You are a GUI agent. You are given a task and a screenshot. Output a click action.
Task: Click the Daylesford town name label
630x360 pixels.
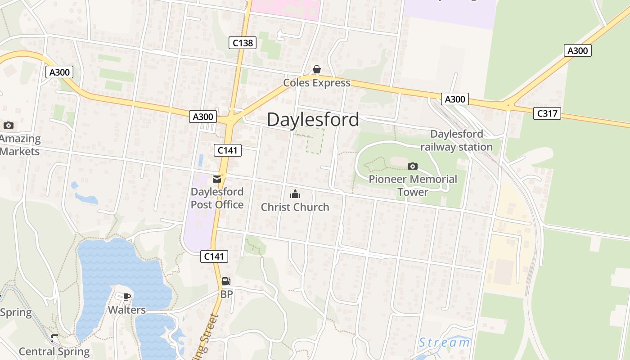click(313, 120)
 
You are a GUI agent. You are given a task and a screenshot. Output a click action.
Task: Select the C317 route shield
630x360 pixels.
click(547, 113)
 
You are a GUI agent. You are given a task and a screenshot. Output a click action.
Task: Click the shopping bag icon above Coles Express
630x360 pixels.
click(317, 69)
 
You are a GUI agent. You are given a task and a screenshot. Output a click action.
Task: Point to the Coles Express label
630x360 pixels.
click(316, 83)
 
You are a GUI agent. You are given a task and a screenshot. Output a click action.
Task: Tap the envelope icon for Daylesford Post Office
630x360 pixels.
click(217, 179)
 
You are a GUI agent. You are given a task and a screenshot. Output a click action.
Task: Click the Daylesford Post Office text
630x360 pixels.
click(217, 198)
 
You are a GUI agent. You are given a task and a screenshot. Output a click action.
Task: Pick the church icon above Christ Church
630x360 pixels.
click(295, 194)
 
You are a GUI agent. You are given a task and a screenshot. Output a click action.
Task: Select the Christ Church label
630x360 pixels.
click(295, 207)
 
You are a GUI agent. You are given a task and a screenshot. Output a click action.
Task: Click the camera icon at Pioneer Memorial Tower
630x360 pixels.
click(413, 166)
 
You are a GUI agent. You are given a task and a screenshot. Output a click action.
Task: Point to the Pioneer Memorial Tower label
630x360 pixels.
click(413, 185)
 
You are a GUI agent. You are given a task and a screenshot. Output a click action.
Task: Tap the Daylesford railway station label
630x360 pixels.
click(456, 140)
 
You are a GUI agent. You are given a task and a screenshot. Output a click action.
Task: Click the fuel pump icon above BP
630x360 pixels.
click(226, 282)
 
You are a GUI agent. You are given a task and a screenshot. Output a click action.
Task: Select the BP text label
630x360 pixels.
click(226, 294)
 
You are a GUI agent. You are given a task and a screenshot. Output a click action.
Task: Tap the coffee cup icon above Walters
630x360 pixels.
click(127, 297)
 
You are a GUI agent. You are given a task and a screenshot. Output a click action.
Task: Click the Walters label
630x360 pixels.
click(127, 310)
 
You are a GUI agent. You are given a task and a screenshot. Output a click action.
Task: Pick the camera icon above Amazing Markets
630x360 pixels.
click(8, 125)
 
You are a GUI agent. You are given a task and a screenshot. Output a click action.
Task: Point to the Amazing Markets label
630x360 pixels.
click(20, 145)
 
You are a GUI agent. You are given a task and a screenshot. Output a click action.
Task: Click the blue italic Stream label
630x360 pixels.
click(444, 342)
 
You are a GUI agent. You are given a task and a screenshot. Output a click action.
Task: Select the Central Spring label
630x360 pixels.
click(54, 351)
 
